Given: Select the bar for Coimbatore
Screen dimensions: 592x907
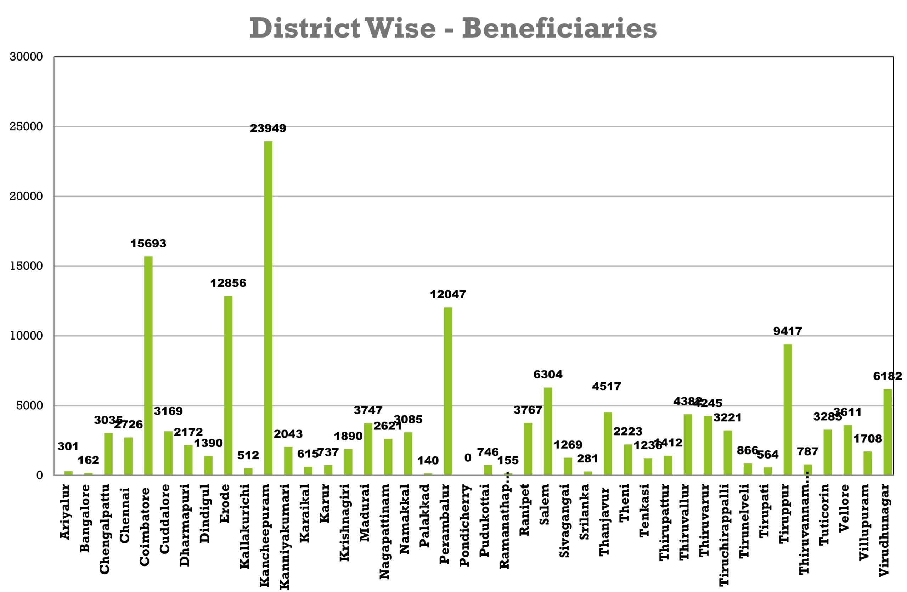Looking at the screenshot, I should (148, 365).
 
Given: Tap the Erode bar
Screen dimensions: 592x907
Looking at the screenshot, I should (228, 385).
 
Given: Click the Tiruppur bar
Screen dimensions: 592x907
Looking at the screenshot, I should (787, 409).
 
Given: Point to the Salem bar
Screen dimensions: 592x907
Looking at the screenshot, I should (548, 431).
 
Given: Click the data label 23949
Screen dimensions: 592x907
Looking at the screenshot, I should (268, 129).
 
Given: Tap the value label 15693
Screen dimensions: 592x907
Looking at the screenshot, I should (148, 244).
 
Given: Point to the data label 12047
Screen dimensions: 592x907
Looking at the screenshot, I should (448, 295).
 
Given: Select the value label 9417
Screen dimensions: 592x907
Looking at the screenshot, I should (787, 331).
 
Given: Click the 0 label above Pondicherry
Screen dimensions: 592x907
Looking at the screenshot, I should (468, 458).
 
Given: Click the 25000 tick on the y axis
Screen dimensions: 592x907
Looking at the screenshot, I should (26, 126).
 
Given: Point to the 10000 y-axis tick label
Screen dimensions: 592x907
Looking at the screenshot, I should (26, 336).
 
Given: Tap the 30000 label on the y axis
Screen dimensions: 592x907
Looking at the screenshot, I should (26, 57).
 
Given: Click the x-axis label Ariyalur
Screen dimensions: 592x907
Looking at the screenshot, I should (66, 511).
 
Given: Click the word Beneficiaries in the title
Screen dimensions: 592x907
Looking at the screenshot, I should (559, 28).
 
